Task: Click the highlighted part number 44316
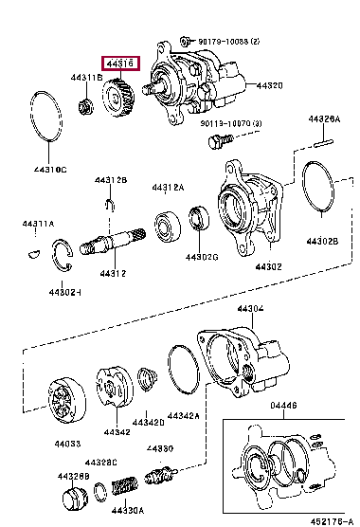[122, 64]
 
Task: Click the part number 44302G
[201, 257]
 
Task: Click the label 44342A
[184, 415]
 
